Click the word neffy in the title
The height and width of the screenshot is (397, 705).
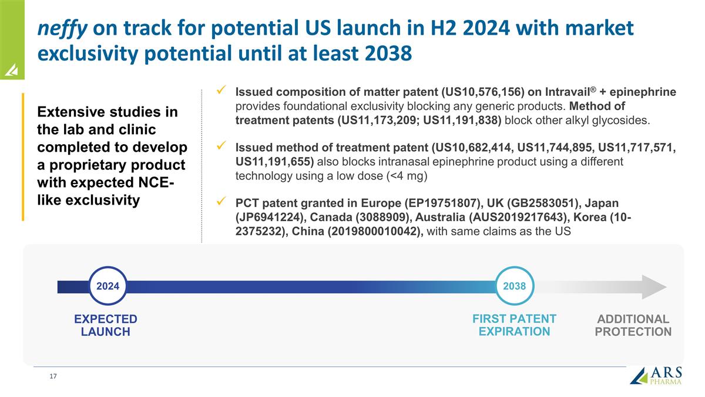pyautogui.click(x=62, y=28)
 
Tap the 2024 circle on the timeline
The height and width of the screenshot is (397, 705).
pyautogui.click(x=108, y=286)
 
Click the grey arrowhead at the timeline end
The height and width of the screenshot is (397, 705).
pyautogui.click(x=654, y=287)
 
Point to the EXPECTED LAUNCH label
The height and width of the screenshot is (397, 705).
pyautogui.click(x=105, y=325)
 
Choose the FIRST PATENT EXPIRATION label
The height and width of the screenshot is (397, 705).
pyautogui.click(x=514, y=325)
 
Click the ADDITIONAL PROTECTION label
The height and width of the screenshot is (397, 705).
pyautogui.click(x=633, y=325)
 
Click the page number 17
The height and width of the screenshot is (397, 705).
pyautogui.click(x=53, y=376)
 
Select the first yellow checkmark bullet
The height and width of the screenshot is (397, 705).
pyautogui.click(x=222, y=91)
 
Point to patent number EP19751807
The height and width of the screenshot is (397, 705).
pyautogui.click(x=449, y=203)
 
